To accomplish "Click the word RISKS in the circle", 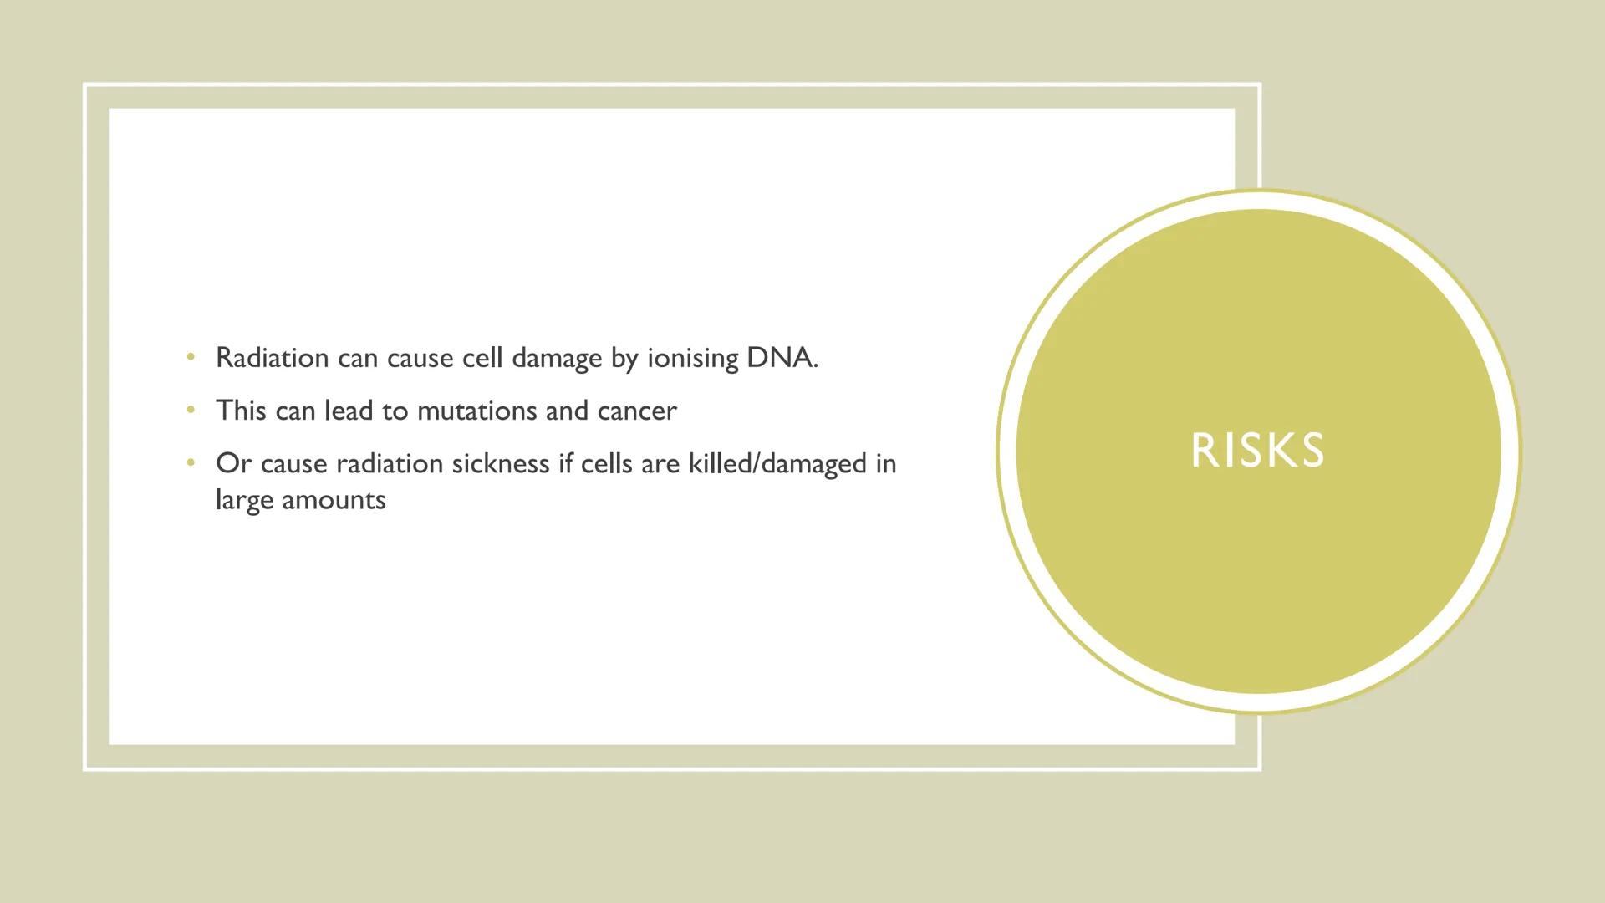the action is [1257, 451].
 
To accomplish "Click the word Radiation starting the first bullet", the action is [273, 358].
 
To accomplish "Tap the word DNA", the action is [782, 358].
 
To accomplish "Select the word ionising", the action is [693, 359].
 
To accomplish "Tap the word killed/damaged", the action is [777, 464].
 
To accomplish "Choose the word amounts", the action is [334, 501].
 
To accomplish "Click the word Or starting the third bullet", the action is [234, 463].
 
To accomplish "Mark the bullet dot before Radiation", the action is [191, 358].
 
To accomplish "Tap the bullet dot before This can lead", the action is [191, 411].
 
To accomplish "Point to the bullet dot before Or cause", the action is [191, 463].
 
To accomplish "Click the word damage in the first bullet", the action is [557, 359].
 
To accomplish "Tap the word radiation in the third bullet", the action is [390, 463].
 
